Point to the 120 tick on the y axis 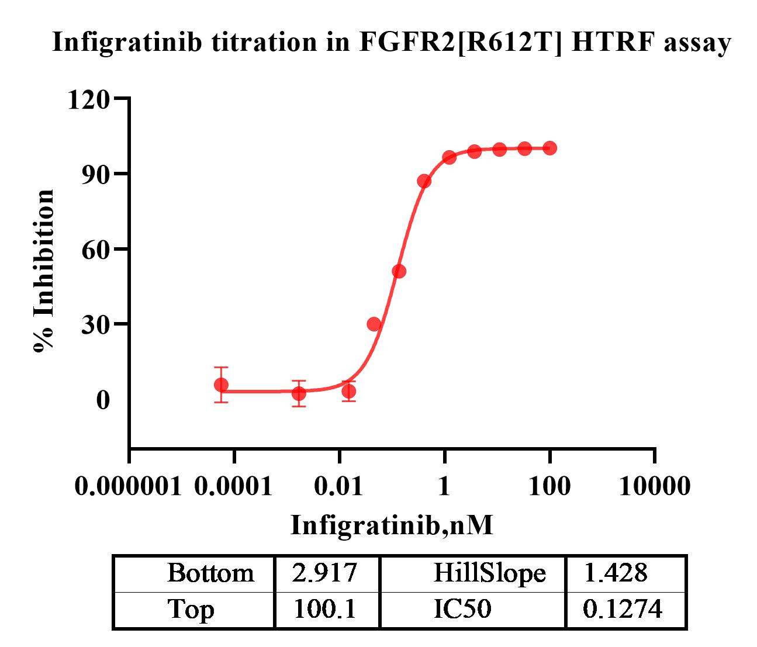pos(88,99)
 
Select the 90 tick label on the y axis pos(95,174)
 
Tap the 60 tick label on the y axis pos(95,250)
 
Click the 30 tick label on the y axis pos(95,324)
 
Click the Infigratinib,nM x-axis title pos(392,525)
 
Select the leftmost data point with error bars pos(221,385)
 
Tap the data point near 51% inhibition pos(399,271)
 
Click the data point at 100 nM pos(549,148)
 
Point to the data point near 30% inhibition pos(374,324)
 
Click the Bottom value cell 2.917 pos(324,573)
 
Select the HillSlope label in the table pos(489,573)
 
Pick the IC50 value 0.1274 pos(623,610)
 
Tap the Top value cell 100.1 pos(324,610)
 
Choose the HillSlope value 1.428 pos(616,573)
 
